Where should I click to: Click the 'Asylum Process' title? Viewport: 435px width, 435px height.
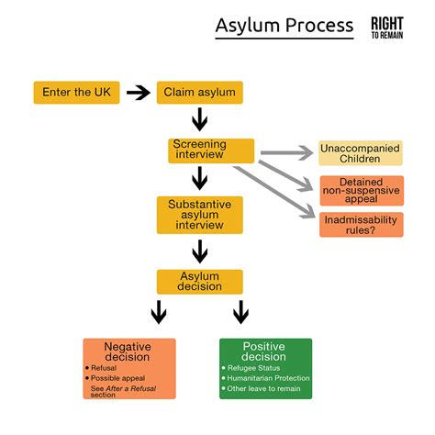pyautogui.click(x=284, y=25)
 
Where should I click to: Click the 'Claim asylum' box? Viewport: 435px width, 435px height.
pyautogui.click(x=199, y=93)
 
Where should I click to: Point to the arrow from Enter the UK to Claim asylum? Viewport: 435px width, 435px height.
pyautogui.click(x=138, y=93)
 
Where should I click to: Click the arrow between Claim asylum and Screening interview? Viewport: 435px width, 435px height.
pyautogui.click(x=199, y=120)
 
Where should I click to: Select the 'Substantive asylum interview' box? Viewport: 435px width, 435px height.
pyautogui.click(x=199, y=213)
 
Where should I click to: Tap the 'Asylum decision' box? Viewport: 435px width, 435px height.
pyautogui.click(x=199, y=280)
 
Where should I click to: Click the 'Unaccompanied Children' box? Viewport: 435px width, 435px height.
pyautogui.click(x=361, y=152)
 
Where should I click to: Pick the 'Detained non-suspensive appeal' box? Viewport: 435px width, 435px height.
pyautogui.click(x=361, y=189)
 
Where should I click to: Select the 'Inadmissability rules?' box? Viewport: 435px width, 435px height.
pyautogui.click(x=361, y=224)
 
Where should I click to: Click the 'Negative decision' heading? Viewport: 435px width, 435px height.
pyautogui.click(x=128, y=351)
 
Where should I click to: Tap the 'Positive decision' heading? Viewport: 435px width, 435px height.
pyautogui.click(x=265, y=351)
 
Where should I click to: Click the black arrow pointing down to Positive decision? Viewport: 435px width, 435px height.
pyautogui.click(x=240, y=313)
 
